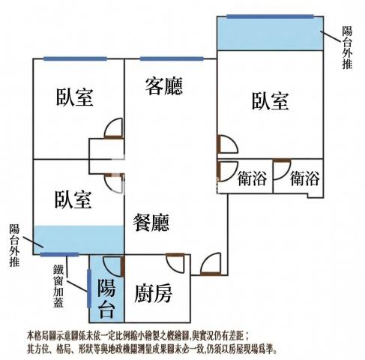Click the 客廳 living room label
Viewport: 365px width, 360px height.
(x=164, y=86)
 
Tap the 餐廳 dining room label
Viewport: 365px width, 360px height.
(x=151, y=223)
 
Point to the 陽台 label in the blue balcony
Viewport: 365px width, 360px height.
(x=106, y=298)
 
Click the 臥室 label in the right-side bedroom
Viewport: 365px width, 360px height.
(x=271, y=100)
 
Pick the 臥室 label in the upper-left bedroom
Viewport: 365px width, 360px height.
(x=74, y=97)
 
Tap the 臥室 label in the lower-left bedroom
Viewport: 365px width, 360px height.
(x=73, y=199)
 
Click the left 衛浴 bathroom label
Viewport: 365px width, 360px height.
(x=252, y=178)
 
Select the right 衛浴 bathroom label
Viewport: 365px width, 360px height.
(x=305, y=178)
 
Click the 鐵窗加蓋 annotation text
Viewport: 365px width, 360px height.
(x=58, y=286)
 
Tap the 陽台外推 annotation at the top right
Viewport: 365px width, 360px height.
(x=347, y=47)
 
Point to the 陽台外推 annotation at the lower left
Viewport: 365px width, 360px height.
(x=14, y=245)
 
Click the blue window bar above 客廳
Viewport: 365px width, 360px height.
(x=172, y=59)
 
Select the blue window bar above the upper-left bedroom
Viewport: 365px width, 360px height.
(x=75, y=59)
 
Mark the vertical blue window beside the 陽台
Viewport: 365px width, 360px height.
(x=89, y=288)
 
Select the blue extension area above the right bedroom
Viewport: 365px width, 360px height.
(x=270, y=34)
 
